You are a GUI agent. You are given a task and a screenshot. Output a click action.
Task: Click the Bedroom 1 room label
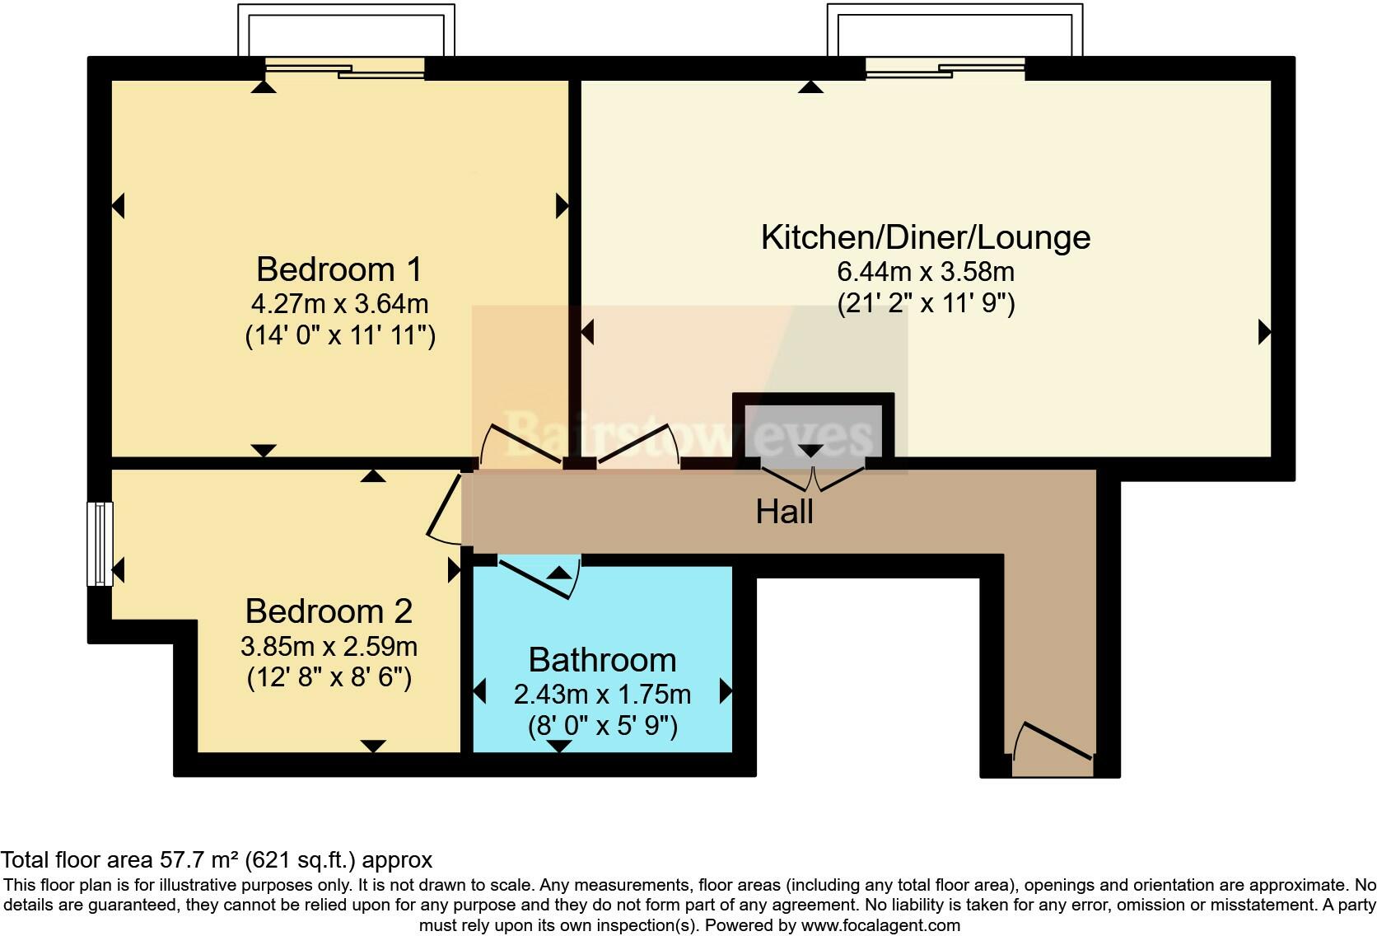338,269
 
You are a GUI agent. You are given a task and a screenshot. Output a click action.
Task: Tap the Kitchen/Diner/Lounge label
925,237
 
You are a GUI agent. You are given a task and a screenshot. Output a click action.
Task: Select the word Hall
784,512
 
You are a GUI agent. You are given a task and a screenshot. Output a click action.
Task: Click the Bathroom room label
602,660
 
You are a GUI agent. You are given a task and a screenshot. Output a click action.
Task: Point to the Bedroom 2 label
329,611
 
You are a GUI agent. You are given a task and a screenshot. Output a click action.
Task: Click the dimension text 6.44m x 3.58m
925,271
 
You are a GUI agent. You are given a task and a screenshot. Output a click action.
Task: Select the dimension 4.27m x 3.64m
339,303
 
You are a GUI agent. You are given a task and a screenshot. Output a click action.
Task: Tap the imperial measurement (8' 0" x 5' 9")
602,726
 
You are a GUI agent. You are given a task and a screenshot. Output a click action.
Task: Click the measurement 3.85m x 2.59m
329,645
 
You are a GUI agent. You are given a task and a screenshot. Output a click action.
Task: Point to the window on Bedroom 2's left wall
100,544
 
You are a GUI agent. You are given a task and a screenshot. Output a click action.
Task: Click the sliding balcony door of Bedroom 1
344,69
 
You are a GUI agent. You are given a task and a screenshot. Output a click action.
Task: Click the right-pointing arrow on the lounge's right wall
1264,333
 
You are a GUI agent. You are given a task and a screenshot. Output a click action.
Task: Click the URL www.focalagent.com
880,925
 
